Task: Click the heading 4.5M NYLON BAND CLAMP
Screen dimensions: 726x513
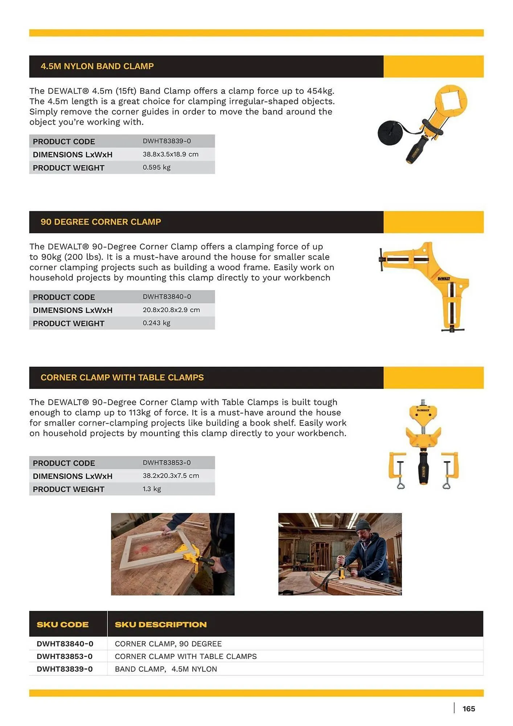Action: pyautogui.click(x=97, y=66)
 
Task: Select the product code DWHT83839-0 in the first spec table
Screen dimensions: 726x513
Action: pyautogui.click(x=167, y=141)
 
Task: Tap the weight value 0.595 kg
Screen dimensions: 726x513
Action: pyautogui.click(x=156, y=167)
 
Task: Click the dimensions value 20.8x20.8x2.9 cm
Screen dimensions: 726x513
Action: pyautogui.click(x=171, y=310)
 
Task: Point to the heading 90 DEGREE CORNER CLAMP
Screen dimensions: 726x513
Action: pyautogui.click(x=100, y=222)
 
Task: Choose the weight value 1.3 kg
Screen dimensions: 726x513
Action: pyautogui.click(x=152, y=489)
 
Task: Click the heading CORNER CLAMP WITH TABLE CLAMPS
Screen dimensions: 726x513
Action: pyautogui.click(x=122, y=378)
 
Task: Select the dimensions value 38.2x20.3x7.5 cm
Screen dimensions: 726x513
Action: pyautogui.click(x=171, y=476)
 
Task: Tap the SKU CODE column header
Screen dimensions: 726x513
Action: pyautogui.click(x=62, y=624)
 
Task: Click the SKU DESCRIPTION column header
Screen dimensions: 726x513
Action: pyautogui.click(x=160, y=624)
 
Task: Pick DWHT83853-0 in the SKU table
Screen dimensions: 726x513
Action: pyautogui.click(x=65, y=656)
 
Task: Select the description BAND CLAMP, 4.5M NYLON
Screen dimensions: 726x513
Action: pyautogui.click(x=166, y=669)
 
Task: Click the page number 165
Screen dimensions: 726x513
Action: pyautogui.click(x=468, y=709)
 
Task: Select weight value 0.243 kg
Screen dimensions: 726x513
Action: pyautogui.click(x=156, y=323)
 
